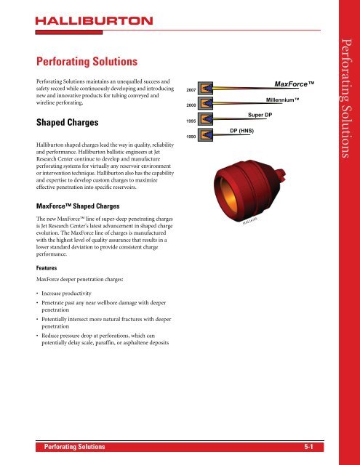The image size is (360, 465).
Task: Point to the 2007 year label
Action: click(x=191, y=89)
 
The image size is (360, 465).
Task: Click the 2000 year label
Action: click(x=191, y=106)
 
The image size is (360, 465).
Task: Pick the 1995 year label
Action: click(x=191, y=120)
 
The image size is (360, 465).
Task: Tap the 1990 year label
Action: click(x=191, y=137)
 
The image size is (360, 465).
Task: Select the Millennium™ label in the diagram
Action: click(x=282, y=99)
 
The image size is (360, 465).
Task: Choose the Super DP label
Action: click(x=260, y=115)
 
